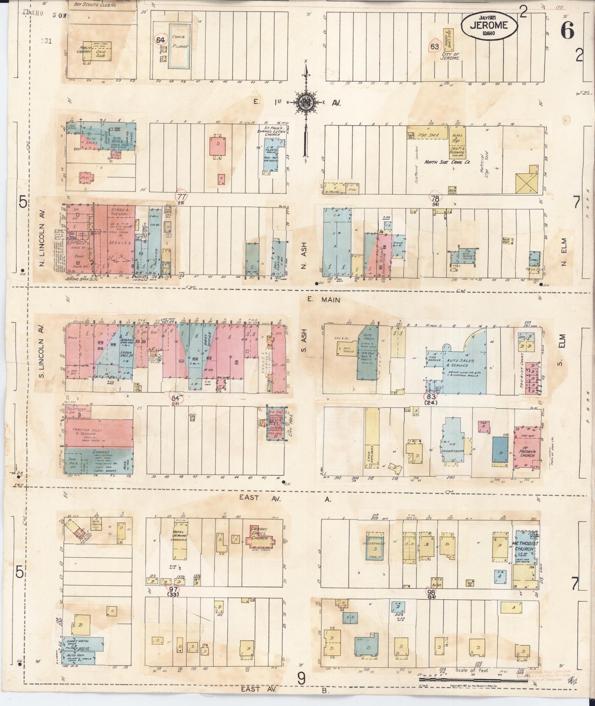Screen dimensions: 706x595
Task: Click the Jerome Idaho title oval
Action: tap(490, 26)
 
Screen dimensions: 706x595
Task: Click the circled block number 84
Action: tap(176, 398)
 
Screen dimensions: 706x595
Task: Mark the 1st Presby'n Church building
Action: tap(527, 448)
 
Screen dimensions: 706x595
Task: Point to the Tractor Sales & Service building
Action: tap(99, 432)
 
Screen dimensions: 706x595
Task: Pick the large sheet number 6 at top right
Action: tap(567, 31)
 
